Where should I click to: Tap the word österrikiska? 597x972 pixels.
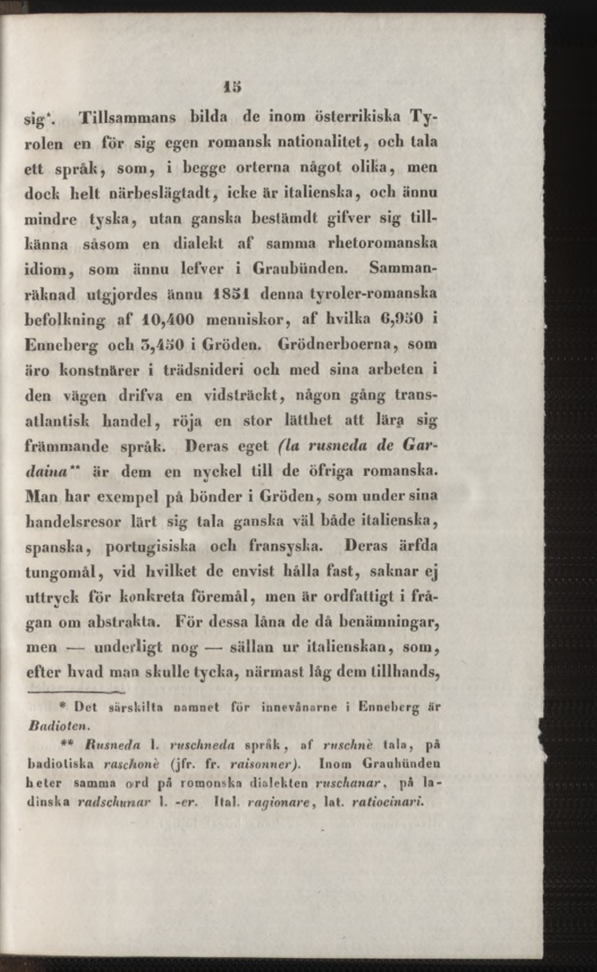357,118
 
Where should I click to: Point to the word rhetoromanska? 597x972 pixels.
382,243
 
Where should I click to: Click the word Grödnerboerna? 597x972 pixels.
335,344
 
